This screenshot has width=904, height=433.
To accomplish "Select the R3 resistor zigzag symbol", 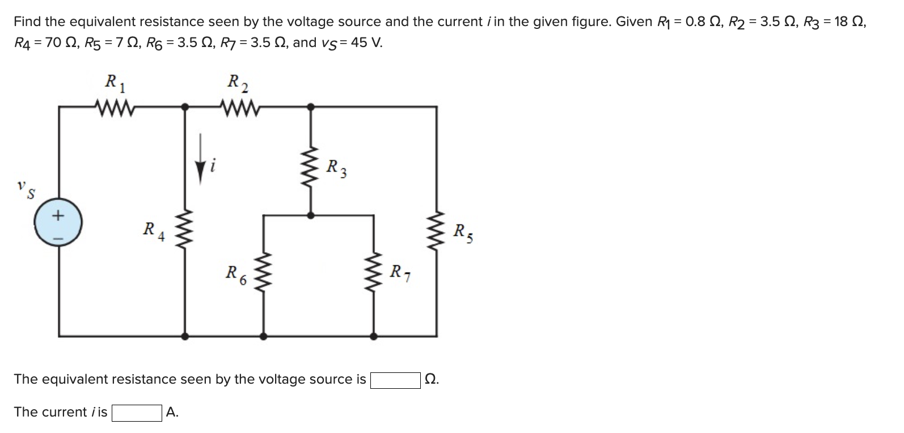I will (310, 169).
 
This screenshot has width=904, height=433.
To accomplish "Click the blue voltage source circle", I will (58, 224).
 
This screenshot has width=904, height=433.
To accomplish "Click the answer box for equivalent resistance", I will (395, 380).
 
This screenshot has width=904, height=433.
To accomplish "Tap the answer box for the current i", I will (137, 413).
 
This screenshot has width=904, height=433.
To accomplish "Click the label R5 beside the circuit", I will (462, 232).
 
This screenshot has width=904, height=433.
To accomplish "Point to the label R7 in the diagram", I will (400, 274).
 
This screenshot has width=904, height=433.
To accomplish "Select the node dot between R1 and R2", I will (184, 105).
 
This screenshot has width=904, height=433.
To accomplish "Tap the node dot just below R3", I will (310, 215).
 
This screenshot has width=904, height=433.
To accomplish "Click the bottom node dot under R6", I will (263, 336).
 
